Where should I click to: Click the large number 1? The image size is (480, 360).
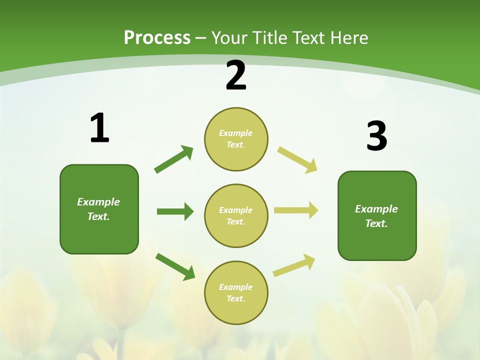(x=99, y=128)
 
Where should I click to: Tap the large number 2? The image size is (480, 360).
(x=236, y=76)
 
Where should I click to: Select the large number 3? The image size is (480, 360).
(x=376, y=136)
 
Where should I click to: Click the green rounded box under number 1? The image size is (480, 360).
(x=99, y=209)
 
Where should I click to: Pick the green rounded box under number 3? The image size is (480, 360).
(x=377, y=216)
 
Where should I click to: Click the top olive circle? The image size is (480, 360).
(x=236, y=139)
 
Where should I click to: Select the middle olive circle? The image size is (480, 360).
(x=236, y=216)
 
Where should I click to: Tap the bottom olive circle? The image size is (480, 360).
(x=236, y=292)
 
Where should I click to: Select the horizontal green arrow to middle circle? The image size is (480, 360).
(x=175, y=211)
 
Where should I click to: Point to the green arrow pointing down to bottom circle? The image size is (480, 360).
(x=175, y=266)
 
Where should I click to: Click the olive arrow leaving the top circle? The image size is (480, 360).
(x=297, y=160)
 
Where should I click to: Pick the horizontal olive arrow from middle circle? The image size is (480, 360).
(x=296, y=210)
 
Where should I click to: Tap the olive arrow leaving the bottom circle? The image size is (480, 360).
(x=294, y=265)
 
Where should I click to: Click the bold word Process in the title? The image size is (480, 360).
(x=157, y=38)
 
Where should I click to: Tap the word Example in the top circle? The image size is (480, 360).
(x=236, y=133)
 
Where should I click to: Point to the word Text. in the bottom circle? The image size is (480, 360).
(x=236, y=298)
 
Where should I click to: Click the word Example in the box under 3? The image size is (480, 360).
(x=376, y=209)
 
